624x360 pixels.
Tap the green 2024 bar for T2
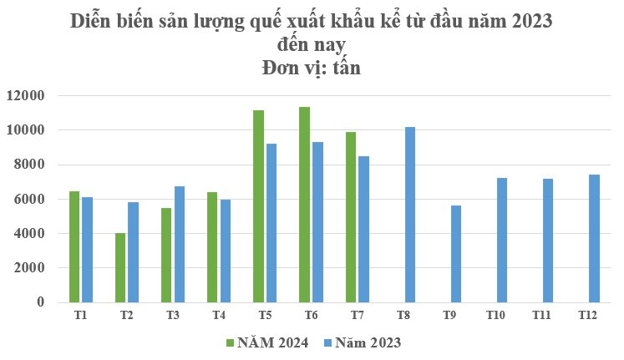120,267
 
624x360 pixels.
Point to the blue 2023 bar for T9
455,253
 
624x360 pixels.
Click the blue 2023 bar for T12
593,238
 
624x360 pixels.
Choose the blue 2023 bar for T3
180,244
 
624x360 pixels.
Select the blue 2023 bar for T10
501,240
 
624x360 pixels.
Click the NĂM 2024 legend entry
267,342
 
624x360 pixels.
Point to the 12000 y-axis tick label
25,96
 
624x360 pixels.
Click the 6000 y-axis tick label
28,199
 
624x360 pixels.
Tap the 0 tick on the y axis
39,302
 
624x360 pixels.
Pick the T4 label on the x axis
219,316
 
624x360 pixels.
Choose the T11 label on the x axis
541,316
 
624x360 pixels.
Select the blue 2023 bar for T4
226,251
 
